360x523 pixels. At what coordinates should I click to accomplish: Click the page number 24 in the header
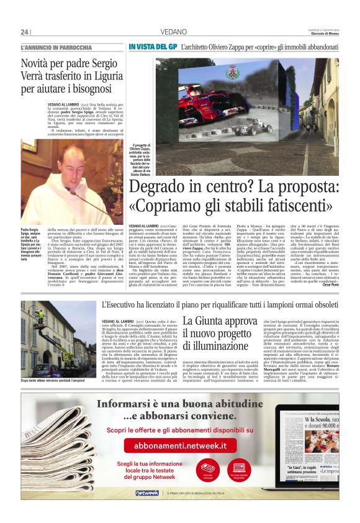coord(24,32)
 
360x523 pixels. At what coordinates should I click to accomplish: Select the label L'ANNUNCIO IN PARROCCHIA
coord(56,47)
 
